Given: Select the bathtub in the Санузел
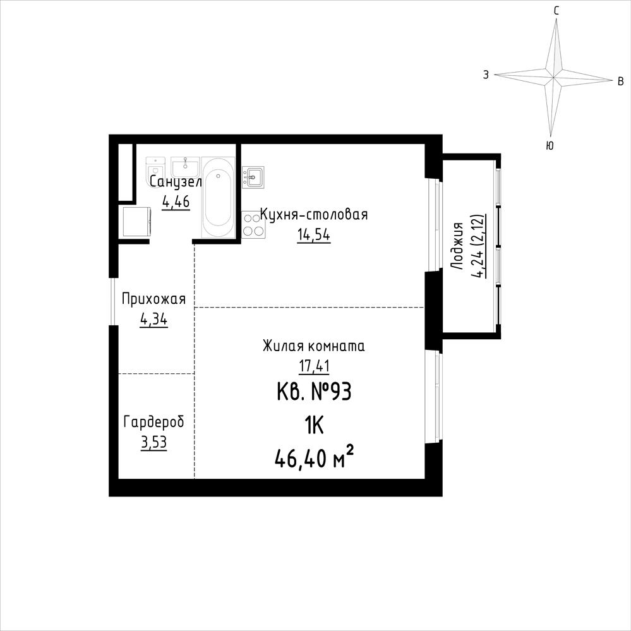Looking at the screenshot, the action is pyautogui.click(x=218, y=197).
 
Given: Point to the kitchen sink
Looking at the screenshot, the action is pyautogui.click(x=253, y=176).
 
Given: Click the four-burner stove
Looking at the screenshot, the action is pyautogui.click(x=253, y=225).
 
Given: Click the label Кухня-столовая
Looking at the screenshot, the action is pyautogui.click(x=314, y=215).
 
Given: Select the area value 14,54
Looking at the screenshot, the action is pyautogui.click(x=313, y=234).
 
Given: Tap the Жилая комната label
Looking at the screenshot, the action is pyautogui.click(x=313, y=346).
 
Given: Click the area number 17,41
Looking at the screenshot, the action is pyautogui.click(x=314, y=366).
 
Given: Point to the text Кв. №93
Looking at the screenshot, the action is pyautogui.click(x=315, y=392).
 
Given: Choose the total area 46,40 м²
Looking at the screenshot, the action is pyautogui.click(x=315, y=458).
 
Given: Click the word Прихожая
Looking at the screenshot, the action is pyautogui.click(x=153, y=300).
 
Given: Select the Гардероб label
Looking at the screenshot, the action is pyautogui.click(x=153, y=422).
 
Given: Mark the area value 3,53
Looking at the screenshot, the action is pyautogui.click(x=153, y=443).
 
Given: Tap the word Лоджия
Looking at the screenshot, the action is pyautogui.click(x=457, y=246).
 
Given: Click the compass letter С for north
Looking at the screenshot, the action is pyautogui.click(x=556, y=11).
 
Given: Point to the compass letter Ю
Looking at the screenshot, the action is pyautogui.click(x=550, y=146).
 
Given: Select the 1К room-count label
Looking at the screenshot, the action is pyautogui.click(x=315, y=425).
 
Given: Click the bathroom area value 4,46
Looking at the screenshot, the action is pyautogui.click(x=176, y=201).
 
